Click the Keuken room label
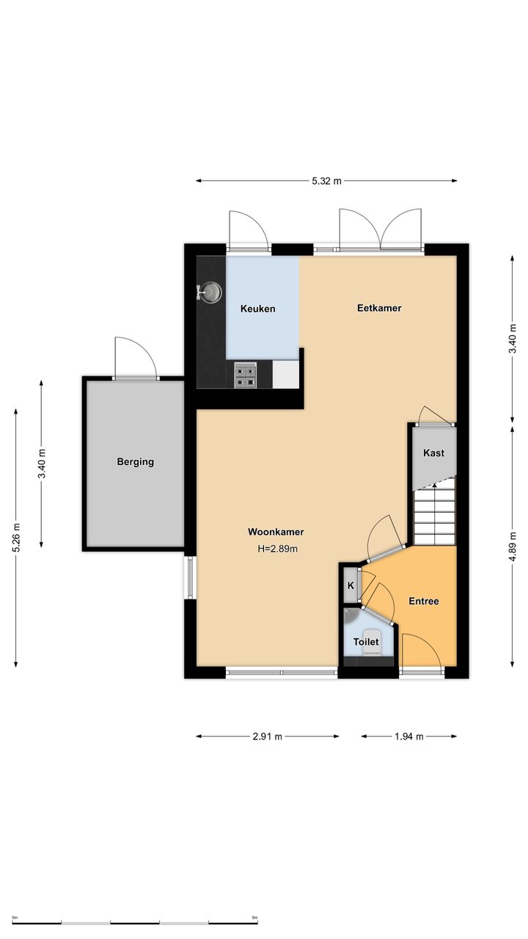click(x=257, y=309)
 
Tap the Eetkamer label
click(x=379, y=308)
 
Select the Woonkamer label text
click(x=276, y=532)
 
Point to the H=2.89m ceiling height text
click(x=277, y=549)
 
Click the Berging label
click(x=136, y=462)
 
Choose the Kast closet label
click(x=433, y=453)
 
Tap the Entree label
click(x=424, y=601)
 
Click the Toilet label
click(x=366, y=642)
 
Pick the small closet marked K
click(x=351, y=585)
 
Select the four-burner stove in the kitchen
click(x=245, y=376)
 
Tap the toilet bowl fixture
click(x=370, y=642)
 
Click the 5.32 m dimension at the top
click(x=326, y=181)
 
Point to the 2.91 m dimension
click(x=268, y=737)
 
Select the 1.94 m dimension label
click(x=409, y=737)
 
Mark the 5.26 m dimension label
click(x=16, y=538)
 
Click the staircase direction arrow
click(x=435, y=486)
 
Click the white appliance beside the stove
click(x=286, y=375)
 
